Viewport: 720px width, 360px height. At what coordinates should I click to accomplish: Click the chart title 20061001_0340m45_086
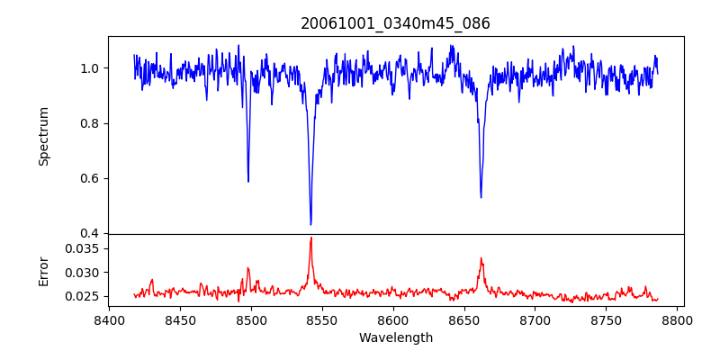pyautogui.click(x=395, y=23)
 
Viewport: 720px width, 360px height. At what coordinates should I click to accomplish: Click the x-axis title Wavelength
pyautogui.click(x=395, y=337)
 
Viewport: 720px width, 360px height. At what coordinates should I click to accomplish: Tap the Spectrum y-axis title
pyautogui.click(x=43, y=136)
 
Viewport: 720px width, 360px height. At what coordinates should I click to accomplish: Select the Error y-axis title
pyautogui.click(x=43, y=270)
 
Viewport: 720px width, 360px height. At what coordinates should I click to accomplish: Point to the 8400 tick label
pyautogui.click(x=109, y=319)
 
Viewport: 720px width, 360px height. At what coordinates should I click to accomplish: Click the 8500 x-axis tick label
pyautogui.click(x=251, y=319)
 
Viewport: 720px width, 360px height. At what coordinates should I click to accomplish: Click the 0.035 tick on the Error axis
pyautogui.click(x=85, y=248)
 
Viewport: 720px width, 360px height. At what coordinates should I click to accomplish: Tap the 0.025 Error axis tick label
pyautogui.click(x=85, y=296)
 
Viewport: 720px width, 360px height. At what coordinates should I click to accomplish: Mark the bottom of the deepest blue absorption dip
pyautogui.click(x=310, y=224)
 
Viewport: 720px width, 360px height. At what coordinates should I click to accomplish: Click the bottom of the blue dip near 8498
pyautogui.click(x=248, y=182)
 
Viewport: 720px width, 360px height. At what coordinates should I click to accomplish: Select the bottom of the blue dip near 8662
pyautogui.click(x=481, y=197)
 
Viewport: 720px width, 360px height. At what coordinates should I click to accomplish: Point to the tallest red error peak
pyautogui.click(x=310, y=238)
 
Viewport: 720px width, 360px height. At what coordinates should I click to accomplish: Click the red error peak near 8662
pyautogui.click(x=481, y=258)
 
